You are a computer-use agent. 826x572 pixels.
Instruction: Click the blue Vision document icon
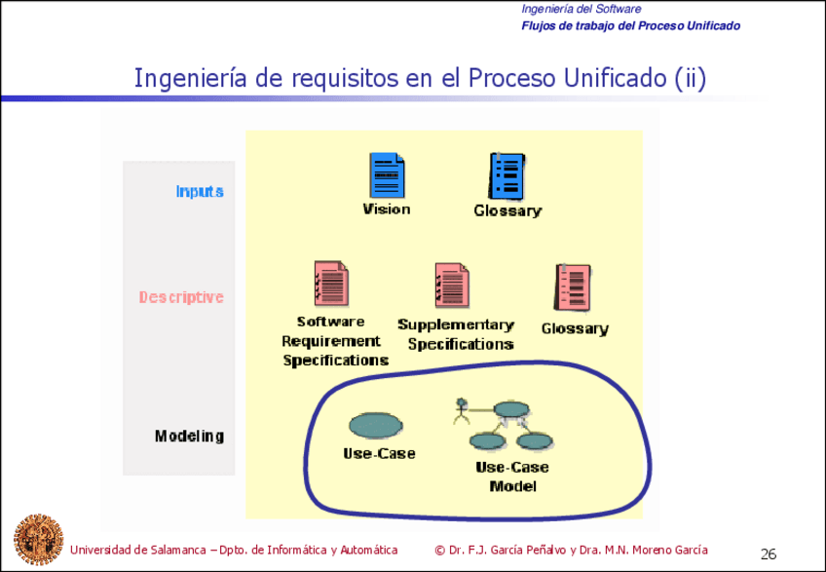pyautogui.click(x=386, y=175)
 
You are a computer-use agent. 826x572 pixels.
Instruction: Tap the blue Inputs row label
pyautogui.click(x=200, y=191)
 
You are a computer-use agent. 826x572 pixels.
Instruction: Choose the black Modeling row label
pyautogui.click(x=189, y=436)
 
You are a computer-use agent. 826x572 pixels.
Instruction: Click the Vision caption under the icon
pyautogui.click(x=386, y=209)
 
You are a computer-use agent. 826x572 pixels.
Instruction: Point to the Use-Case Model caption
pyautogui.click(x=511, y=477)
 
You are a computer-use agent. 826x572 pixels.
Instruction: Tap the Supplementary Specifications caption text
pyautogui.click(x=456, y=334)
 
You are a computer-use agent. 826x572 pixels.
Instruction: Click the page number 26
pyautogui.click(x=769, y=554)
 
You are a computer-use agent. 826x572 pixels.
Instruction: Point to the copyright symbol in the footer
pyautogui.click(x=439, y=550)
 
